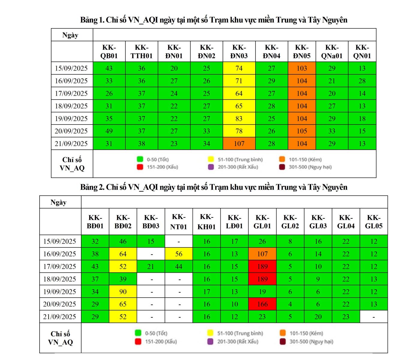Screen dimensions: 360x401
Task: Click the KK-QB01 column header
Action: [109, 52]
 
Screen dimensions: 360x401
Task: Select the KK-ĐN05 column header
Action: [302, 52]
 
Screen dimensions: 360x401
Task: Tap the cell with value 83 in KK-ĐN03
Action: [239, 118]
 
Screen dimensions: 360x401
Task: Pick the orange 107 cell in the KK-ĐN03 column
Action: [239, 144]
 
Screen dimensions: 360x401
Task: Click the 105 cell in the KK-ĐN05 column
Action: [302, 131]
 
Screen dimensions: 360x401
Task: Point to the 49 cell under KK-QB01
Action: [109, 131]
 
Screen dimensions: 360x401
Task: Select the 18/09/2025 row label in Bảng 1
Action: [71, 106]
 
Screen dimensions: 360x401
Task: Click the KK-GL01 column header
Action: [262, 222]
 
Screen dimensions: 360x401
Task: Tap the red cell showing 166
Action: [262, 304]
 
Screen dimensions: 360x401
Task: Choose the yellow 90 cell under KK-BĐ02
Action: [123, 292]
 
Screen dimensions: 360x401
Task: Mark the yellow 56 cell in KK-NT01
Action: [179, 254]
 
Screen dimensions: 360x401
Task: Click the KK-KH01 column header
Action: [206, 222]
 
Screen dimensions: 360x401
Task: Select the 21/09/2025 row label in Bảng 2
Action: [60, 317]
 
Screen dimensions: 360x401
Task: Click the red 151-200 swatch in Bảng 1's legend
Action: [140, 167]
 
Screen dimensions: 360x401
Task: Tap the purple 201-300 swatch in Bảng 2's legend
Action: [211, 342]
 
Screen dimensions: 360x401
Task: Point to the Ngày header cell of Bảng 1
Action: [70, 35]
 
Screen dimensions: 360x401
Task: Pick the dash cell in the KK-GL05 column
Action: [374, 317]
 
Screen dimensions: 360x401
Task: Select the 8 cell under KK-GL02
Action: [290, 241]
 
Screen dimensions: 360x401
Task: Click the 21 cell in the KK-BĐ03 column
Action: [151, 267]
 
